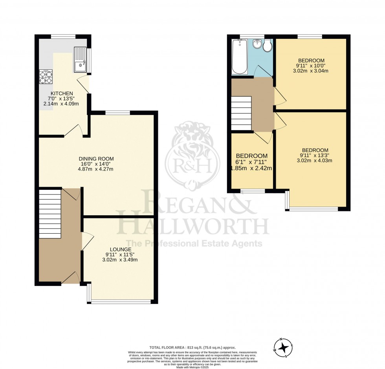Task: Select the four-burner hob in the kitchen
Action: pos(46,76)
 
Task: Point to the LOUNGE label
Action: pos(121,249)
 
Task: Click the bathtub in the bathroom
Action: pos(238,57)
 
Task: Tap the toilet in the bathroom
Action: pos(268,46)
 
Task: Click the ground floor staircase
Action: pos(50,214)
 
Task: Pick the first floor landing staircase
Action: pos(240,113)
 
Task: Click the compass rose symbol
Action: pos(283,347)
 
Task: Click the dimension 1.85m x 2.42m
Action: pos(252,168)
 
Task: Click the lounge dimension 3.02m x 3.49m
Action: pos(120,260)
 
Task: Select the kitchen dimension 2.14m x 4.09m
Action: pos(61,104)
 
